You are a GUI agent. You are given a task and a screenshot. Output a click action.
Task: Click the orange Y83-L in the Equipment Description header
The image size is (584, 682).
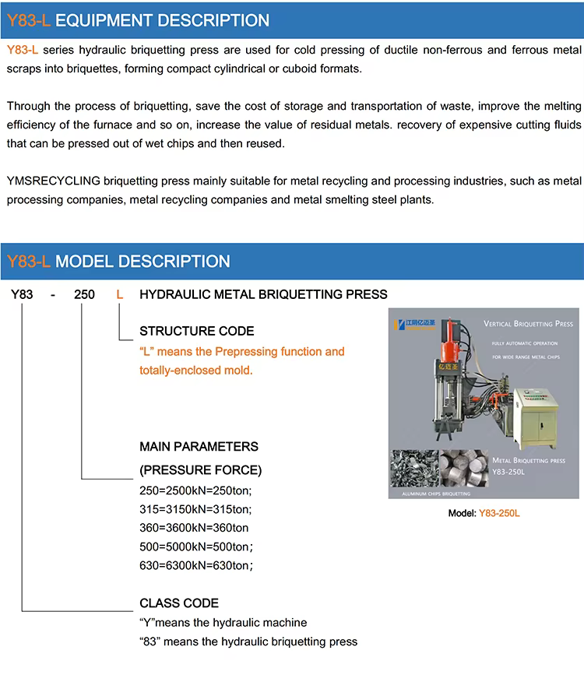click(x=29, y=21)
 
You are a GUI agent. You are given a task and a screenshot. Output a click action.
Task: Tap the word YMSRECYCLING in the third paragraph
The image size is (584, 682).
click(x=53, y=181)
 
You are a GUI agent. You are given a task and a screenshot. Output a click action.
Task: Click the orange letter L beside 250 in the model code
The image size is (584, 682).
click(x=119, y=295)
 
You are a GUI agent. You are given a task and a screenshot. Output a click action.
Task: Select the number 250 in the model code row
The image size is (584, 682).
click(x=84, y=295)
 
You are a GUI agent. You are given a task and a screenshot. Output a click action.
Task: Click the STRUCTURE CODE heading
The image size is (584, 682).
click(x=196, y=331)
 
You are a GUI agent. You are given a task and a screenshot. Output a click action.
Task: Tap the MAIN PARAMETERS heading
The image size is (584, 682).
click(x=199, y=447)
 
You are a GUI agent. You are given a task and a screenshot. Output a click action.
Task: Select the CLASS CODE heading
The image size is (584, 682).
click(x=179, y=603)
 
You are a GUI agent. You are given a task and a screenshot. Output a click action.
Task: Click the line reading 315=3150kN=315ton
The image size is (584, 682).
click(x=195, y=509)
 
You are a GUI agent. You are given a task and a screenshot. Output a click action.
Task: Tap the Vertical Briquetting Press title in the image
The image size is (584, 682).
click(x=528, y=323)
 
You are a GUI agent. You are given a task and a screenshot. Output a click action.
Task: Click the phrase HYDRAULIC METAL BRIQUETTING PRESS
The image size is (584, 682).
click(x=262, y=295)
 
